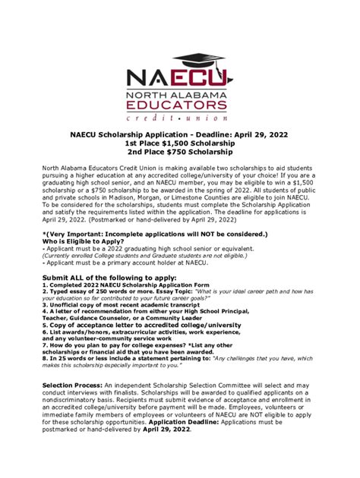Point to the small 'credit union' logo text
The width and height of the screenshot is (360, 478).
(x=180, y=119)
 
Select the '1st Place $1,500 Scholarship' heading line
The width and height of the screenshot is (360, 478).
(x=179, y=145)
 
